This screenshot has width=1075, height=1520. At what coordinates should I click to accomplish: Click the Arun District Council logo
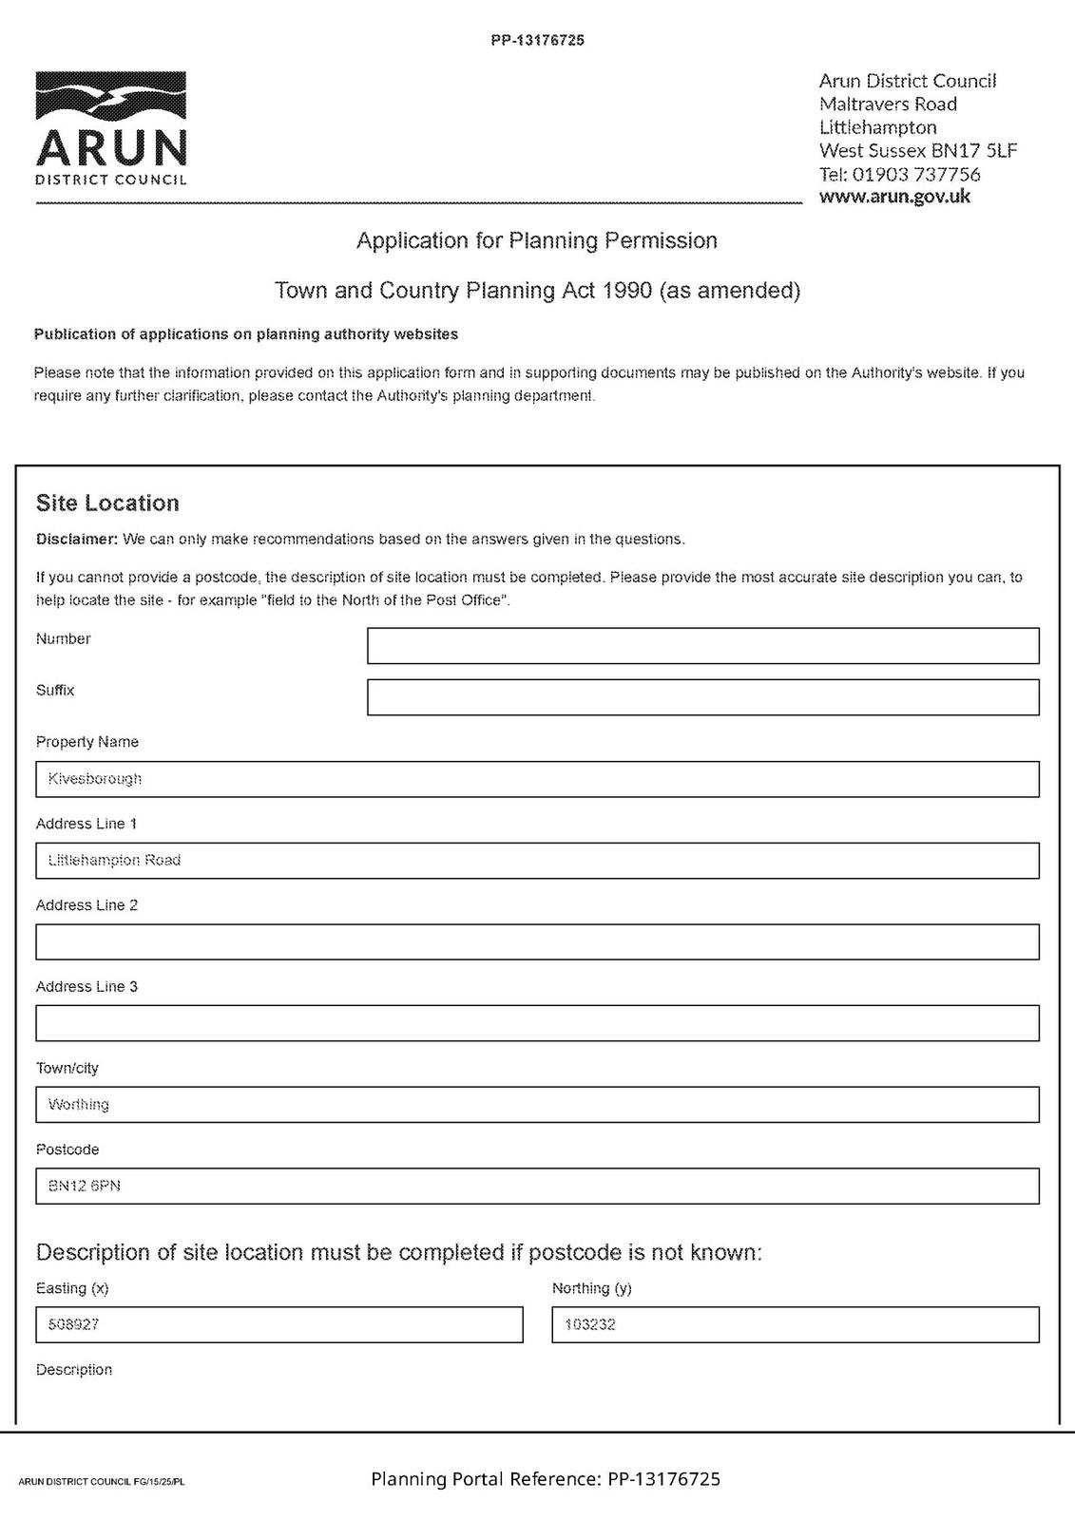point(111,129)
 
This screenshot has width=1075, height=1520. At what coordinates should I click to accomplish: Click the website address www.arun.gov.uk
point(894,197)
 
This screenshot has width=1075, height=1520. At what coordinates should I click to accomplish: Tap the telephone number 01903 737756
point(916,174)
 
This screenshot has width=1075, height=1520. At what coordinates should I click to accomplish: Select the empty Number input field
point(702,646)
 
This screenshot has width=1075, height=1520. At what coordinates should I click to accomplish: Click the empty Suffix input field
point(702,697)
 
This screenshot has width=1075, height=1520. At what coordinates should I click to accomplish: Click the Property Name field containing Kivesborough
point(537,779)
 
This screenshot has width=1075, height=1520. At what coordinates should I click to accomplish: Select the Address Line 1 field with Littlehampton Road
point(537,861)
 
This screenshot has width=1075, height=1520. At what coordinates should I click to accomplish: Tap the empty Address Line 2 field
point(537,942)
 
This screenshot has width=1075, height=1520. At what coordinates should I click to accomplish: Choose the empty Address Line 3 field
point(537,1023)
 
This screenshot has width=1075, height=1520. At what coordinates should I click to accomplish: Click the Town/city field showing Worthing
point(537,1105)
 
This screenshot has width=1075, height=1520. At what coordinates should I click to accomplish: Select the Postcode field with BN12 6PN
point(537,1186)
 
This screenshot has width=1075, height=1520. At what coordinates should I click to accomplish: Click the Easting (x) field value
point(278,1324)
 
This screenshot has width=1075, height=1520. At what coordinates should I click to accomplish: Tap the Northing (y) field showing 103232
point(795,1324)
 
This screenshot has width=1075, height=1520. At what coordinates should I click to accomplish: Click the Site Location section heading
point(107,503)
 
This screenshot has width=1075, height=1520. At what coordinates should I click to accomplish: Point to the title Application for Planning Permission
point(537,240)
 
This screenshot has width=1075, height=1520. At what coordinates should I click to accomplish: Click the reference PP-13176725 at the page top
point(537,41)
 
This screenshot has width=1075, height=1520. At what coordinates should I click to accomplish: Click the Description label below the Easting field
point(74,1370)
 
